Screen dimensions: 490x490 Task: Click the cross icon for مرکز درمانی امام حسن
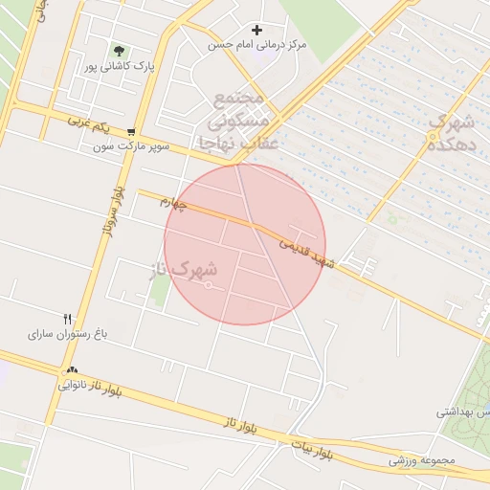tap(256, 31)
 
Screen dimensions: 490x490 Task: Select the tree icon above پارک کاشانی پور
tap(119, 50)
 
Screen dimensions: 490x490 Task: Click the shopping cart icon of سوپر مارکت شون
tap(131, 132)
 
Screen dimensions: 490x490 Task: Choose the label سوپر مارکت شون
tap(131, 147)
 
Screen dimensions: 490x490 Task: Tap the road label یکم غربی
tap(89, 123)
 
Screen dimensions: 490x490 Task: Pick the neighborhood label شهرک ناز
tap(185, 270)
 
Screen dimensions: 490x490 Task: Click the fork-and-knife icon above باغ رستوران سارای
tap(68, 319)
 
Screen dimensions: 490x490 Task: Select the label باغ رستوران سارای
tap(69, 335)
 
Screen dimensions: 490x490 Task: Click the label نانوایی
tap(77, 386)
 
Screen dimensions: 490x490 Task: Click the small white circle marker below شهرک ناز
tap(209, 285)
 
